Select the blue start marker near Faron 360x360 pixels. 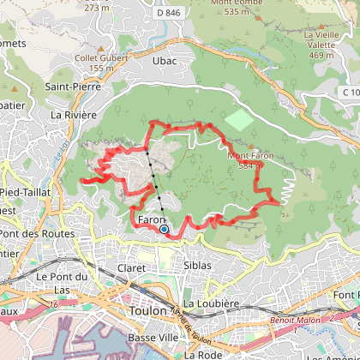164,229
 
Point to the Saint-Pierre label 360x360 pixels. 73,87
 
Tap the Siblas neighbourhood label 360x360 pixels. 198,266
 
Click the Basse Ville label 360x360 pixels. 145,337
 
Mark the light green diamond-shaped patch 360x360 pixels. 241,119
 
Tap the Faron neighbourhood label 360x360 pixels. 151,220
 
